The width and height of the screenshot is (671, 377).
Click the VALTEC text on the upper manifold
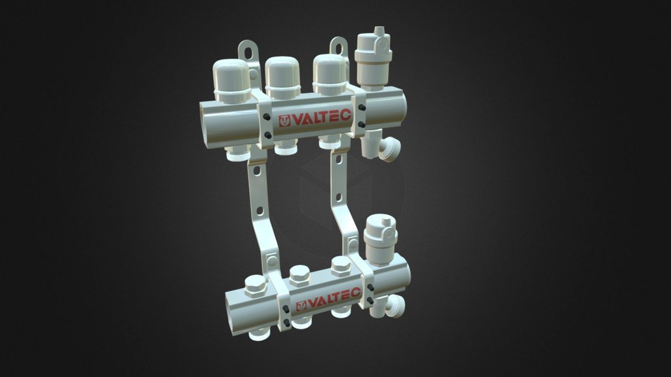[321, 118]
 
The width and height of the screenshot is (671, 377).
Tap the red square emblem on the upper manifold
[285, 122]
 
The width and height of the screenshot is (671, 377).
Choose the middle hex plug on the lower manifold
[299, 275]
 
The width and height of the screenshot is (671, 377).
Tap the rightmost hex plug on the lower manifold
[341, 265]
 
